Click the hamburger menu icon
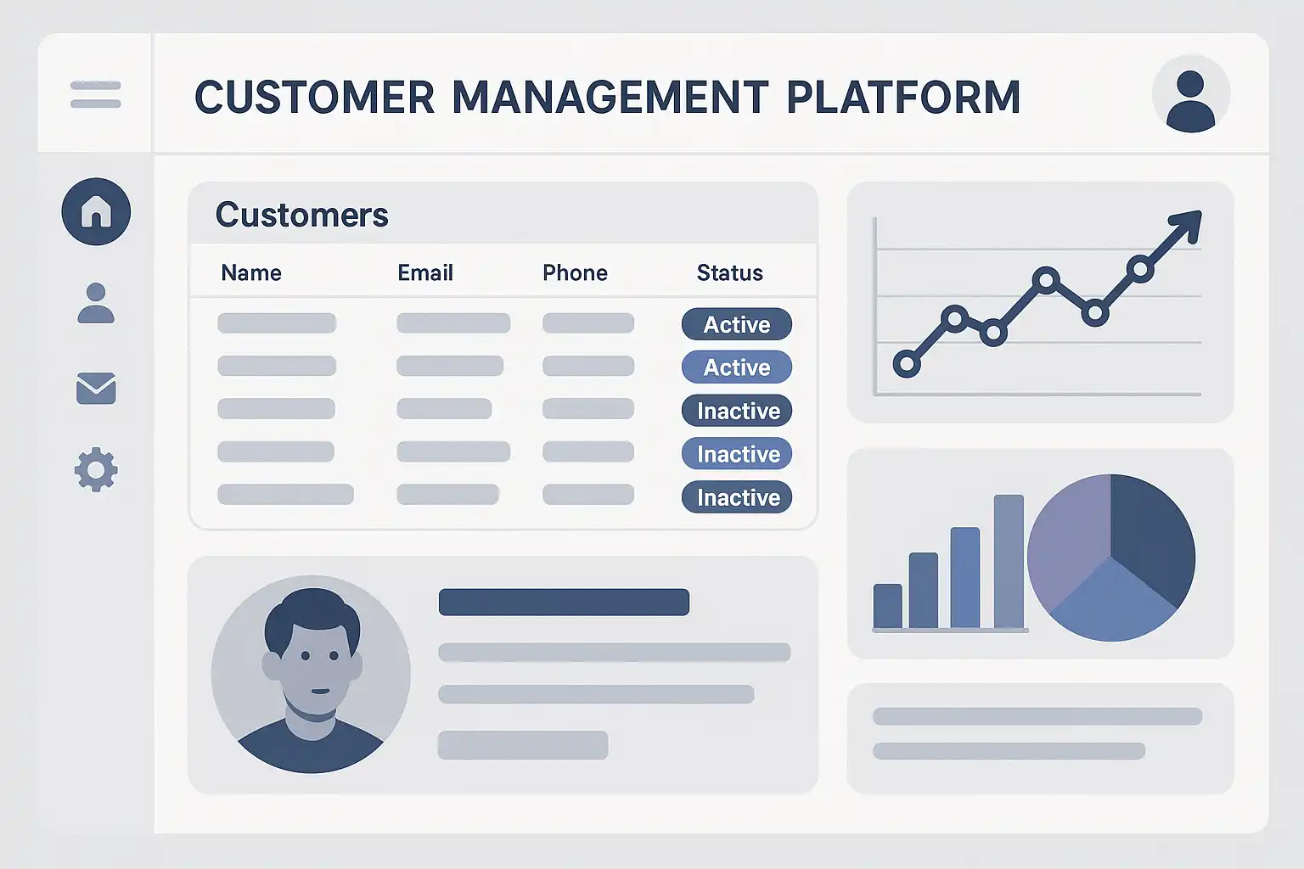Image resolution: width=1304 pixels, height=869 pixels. pos(95,95)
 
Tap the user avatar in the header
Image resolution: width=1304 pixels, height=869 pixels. pos(1190,94)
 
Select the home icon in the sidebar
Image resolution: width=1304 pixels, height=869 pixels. pos(96,211)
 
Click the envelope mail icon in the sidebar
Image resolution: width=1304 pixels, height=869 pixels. pos(96,388)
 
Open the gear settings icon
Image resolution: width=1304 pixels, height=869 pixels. pos(96,469)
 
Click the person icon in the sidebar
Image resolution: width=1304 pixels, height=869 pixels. pos(96,303)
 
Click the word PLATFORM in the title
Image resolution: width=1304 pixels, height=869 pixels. pos(903,97)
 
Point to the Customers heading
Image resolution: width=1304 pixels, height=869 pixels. pos(301,215)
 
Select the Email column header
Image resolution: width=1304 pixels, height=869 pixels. pos(425,273)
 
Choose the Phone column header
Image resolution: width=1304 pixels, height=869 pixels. pos(575,273)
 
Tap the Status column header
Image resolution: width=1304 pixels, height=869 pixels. pos(730,273)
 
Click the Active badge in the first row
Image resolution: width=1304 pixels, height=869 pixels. pos(736,324)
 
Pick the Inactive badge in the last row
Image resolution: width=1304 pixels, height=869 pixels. pos(736,497)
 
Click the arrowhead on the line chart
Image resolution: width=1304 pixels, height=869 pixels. pos(1188,224)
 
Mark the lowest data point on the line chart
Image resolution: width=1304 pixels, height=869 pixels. pos(907,364)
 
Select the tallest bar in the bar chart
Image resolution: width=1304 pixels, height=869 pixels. pos(1009,561)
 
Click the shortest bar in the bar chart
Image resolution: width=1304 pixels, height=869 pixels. pos(888,606)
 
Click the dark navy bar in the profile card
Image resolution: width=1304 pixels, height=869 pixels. pos(564,602)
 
